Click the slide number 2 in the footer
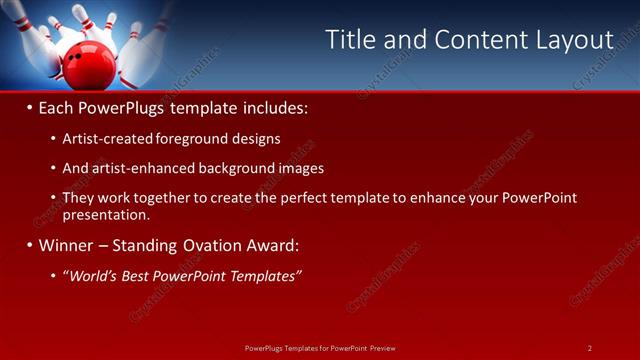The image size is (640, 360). pyautogui.click(x=590, y=347)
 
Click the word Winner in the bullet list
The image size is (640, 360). pyautogui.click(x=68, y=244)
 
